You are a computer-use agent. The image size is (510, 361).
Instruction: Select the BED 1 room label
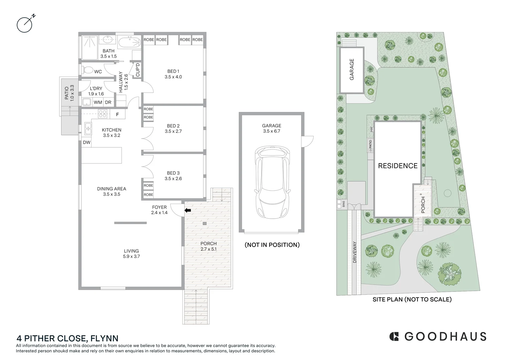tap(173, 71)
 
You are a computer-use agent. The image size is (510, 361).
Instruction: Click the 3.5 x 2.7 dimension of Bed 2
tap(173, 131)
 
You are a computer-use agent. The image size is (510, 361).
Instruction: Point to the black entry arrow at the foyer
tap(188, 210)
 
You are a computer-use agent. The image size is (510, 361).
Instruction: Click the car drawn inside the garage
tap(272, 183)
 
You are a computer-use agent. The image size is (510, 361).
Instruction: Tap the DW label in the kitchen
tap(87, 142)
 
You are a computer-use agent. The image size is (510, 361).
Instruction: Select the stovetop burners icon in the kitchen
tap(102, 114)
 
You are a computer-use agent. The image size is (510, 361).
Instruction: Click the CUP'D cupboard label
tap(138, 70)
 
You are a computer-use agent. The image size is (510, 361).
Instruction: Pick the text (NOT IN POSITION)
tap(272, 245)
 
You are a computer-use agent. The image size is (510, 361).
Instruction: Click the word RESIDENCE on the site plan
tap(397, 166)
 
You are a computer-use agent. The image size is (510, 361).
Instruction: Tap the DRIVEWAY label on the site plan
tap(355, 252)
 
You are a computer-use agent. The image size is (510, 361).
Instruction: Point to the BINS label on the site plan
tap(344, 204)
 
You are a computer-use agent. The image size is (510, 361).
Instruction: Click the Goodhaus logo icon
tap(394, 336)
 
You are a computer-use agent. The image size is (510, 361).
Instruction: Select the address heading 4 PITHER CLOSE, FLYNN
tap(67, 338)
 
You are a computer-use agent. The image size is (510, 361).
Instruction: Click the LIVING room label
tap(131, 251)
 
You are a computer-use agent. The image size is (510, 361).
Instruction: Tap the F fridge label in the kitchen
tap(117, 115)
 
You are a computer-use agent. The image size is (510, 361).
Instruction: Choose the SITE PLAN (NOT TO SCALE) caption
tap(412, 299)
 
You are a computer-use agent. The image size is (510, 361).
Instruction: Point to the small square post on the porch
tap(204, 223)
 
